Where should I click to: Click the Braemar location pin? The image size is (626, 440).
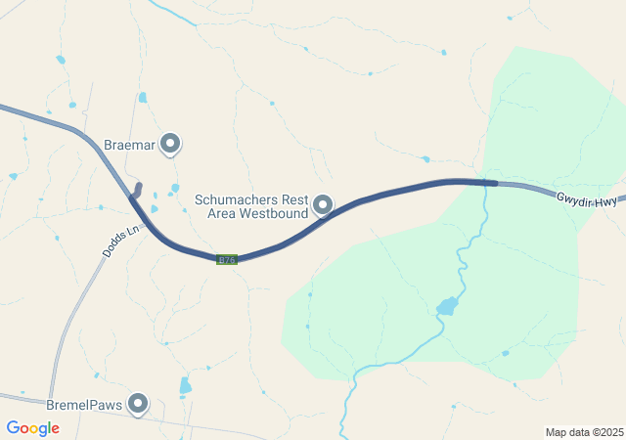pyautogui.click(x=171, y=144)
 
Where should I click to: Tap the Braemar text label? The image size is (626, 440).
pyautogui.click(x=130, y=145)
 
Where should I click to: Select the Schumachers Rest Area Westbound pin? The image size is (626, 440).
pyautogui.click(x=323, y=205)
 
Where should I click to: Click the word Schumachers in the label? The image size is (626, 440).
pyautogui.click(x=238, y=198)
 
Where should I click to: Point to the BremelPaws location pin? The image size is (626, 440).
pyautogui.click(x=138, y=402)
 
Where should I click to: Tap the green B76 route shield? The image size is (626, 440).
pyautogui.click(x=227, y=259)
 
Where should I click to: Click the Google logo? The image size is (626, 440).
pyautogui.click(x=32, y=428)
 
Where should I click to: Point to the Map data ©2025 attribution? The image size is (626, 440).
pyautogui.click(x=584, y=432)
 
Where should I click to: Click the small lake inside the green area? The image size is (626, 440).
pyautogui.click(x=447, y=306)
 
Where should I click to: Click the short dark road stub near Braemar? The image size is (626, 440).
pyautogui.click(x=137, y=190)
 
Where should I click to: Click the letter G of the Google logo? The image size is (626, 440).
pyautogui.click(x=13, y=428)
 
